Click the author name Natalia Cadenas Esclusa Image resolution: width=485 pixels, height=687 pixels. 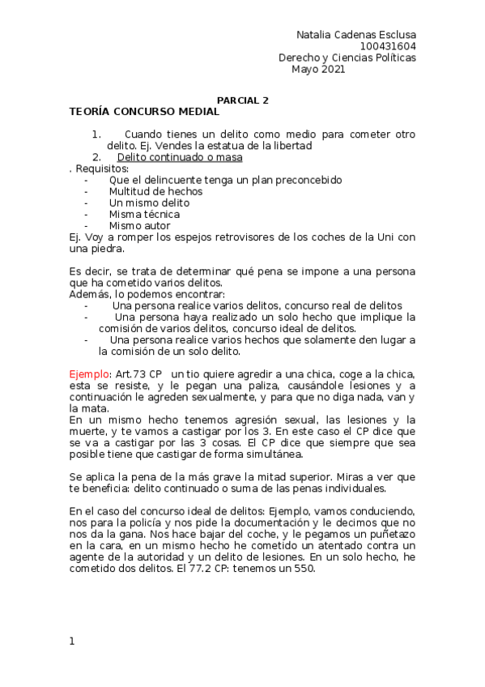356,35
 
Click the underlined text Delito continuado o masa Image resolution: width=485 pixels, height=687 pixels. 180,157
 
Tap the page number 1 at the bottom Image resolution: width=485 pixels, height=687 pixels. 72,642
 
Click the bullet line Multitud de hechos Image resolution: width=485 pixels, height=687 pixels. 155,191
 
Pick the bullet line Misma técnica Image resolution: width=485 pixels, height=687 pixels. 144,214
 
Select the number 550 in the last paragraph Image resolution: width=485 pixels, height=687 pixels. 303,568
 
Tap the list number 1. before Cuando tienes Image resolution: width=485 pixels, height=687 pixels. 96,134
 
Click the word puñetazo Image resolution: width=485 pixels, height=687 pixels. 387,534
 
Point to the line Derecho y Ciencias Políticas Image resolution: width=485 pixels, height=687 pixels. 347,58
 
